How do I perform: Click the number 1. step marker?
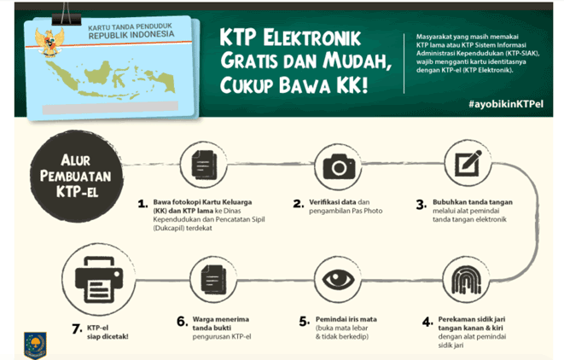(x=142, y=204)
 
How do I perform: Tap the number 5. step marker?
(x=303, y=322)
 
